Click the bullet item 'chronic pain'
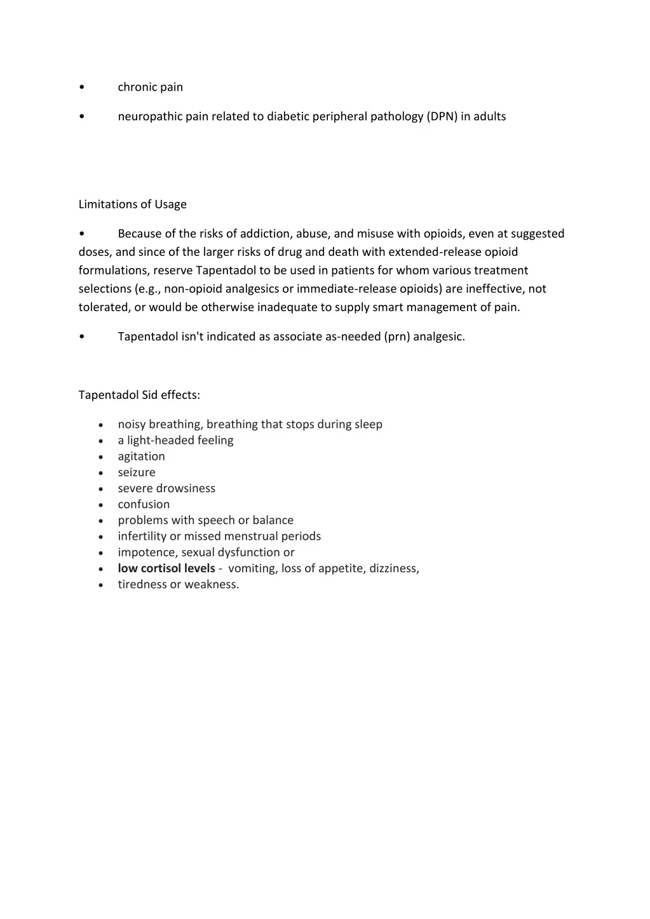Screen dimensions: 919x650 click(x=150, y=87)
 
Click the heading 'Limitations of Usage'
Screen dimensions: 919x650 click(x=132, y=204)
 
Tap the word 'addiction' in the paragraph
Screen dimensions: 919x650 click(x=266, y=234)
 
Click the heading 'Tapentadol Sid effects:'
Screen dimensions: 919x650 click(x=139, y=395)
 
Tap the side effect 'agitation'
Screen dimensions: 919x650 click(x=141, y=456)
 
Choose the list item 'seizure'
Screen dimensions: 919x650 click(x=137, y=472)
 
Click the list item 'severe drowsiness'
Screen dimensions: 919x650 click(x=166, y=488)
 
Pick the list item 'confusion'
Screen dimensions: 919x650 click(x=144, y=504)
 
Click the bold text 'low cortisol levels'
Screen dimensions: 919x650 click(x=166, y=568)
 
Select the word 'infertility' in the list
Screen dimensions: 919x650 click(x=142, y=536)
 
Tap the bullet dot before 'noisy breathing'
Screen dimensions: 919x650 click(x=101, y=425)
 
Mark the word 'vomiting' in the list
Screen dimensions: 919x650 click(x=252, y=568)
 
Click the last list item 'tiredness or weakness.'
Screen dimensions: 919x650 click(x=179, y=584)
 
